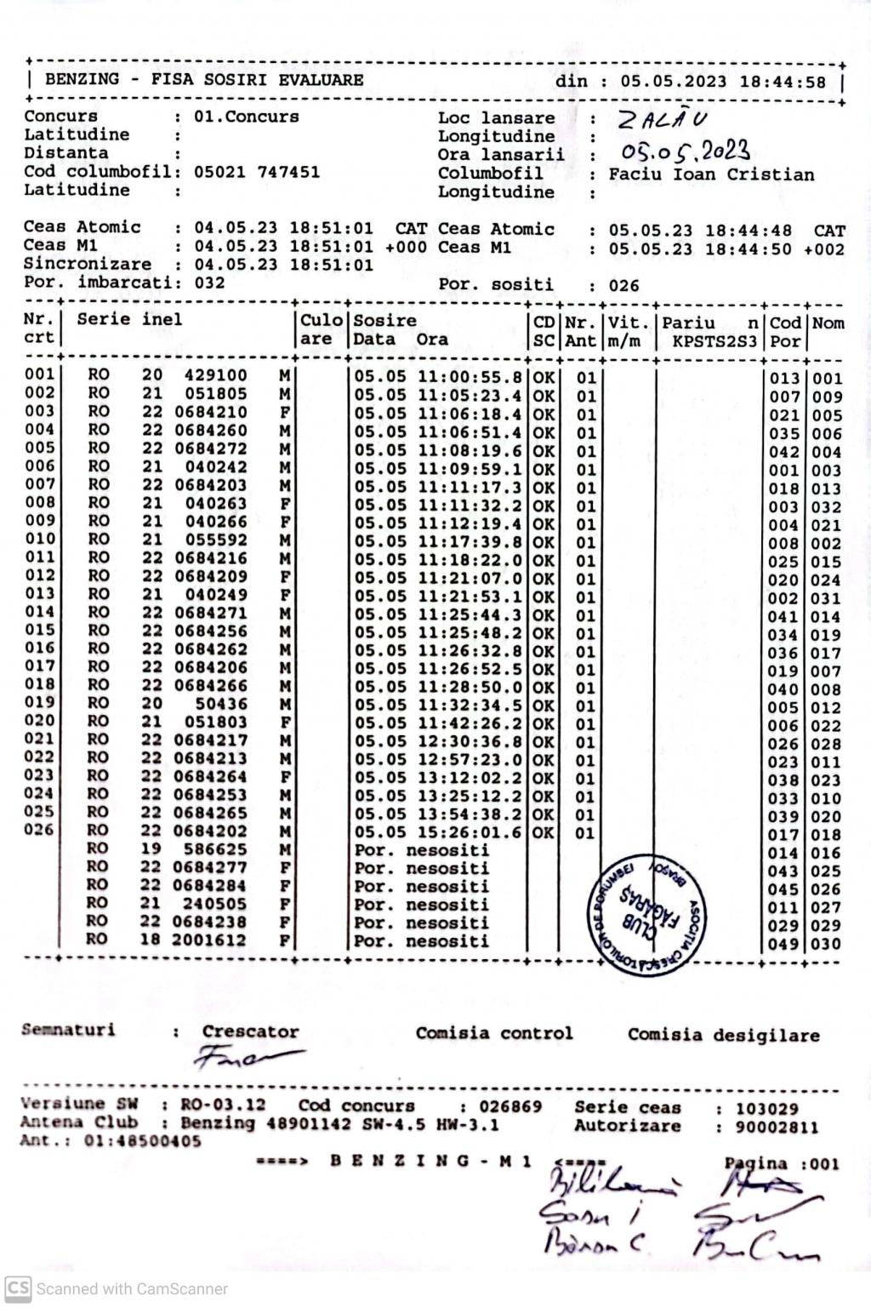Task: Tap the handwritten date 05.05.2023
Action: (x=686, y=152)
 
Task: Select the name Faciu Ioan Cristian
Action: (x=711, y=174)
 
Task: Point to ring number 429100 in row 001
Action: (x=216, y=375)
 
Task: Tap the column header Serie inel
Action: (x=129, y=320)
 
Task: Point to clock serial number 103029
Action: (x=767, y=1109)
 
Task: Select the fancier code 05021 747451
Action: (x=257, y=172)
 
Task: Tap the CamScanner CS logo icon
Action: (x=18, y=1288)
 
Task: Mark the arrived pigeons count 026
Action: (x=623, y=286)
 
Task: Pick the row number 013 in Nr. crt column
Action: (x=39, y=594)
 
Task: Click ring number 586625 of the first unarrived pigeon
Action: (x=216, y=849)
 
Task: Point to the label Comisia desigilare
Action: (x=723, y=1036)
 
